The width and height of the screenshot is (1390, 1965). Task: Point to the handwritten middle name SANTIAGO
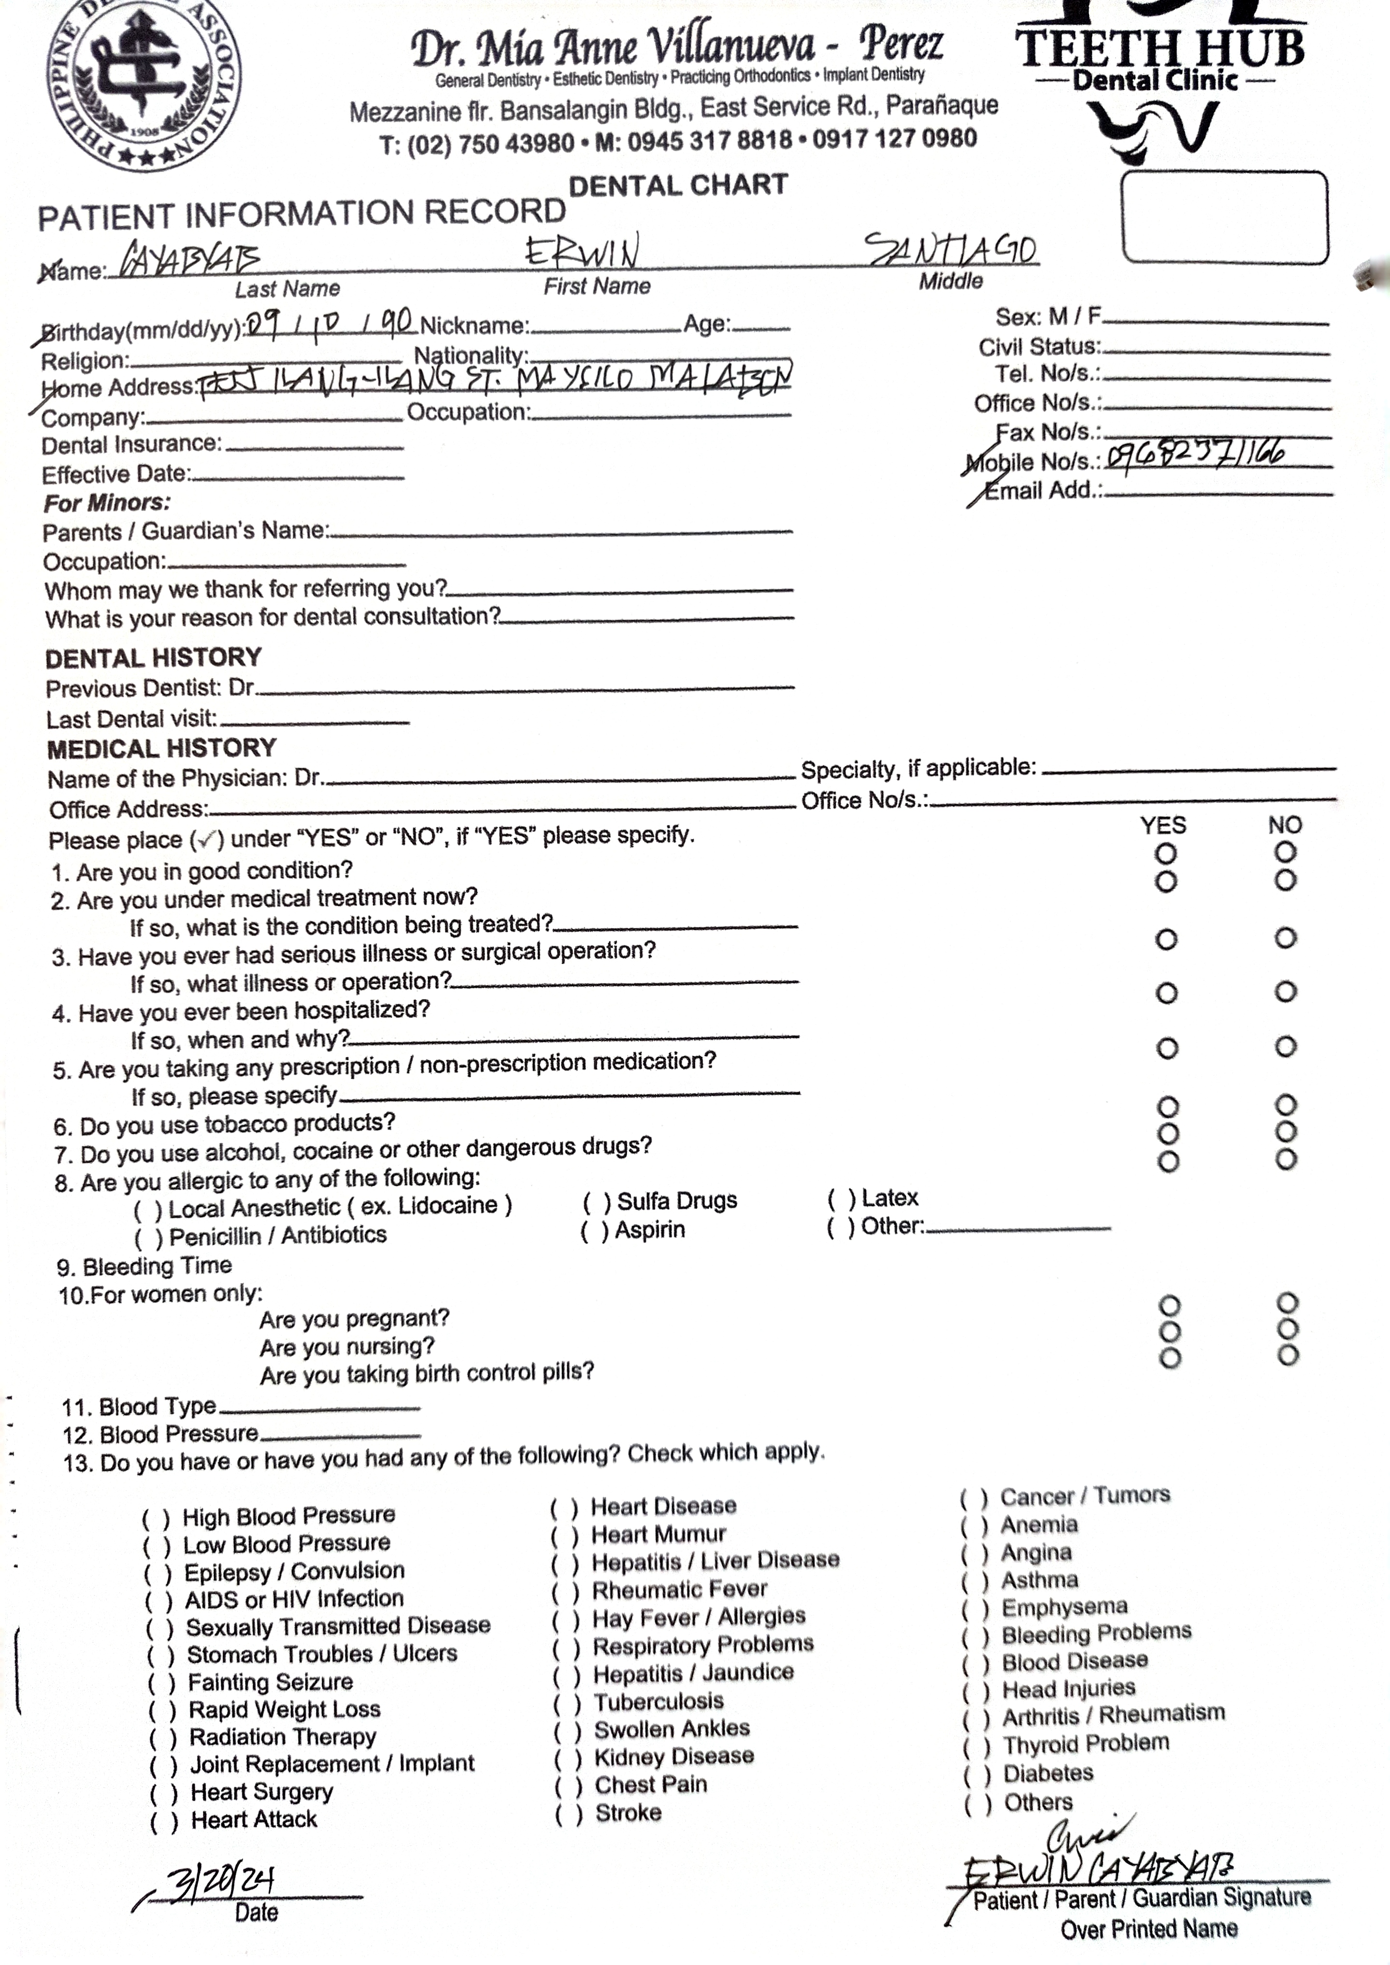[x=950, y=249]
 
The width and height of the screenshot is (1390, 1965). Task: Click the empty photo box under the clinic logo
[x=1224, y=216]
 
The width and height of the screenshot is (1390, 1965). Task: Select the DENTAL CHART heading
[x=678, y=185]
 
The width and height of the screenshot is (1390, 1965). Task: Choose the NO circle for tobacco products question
[x=1286, y=1106]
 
